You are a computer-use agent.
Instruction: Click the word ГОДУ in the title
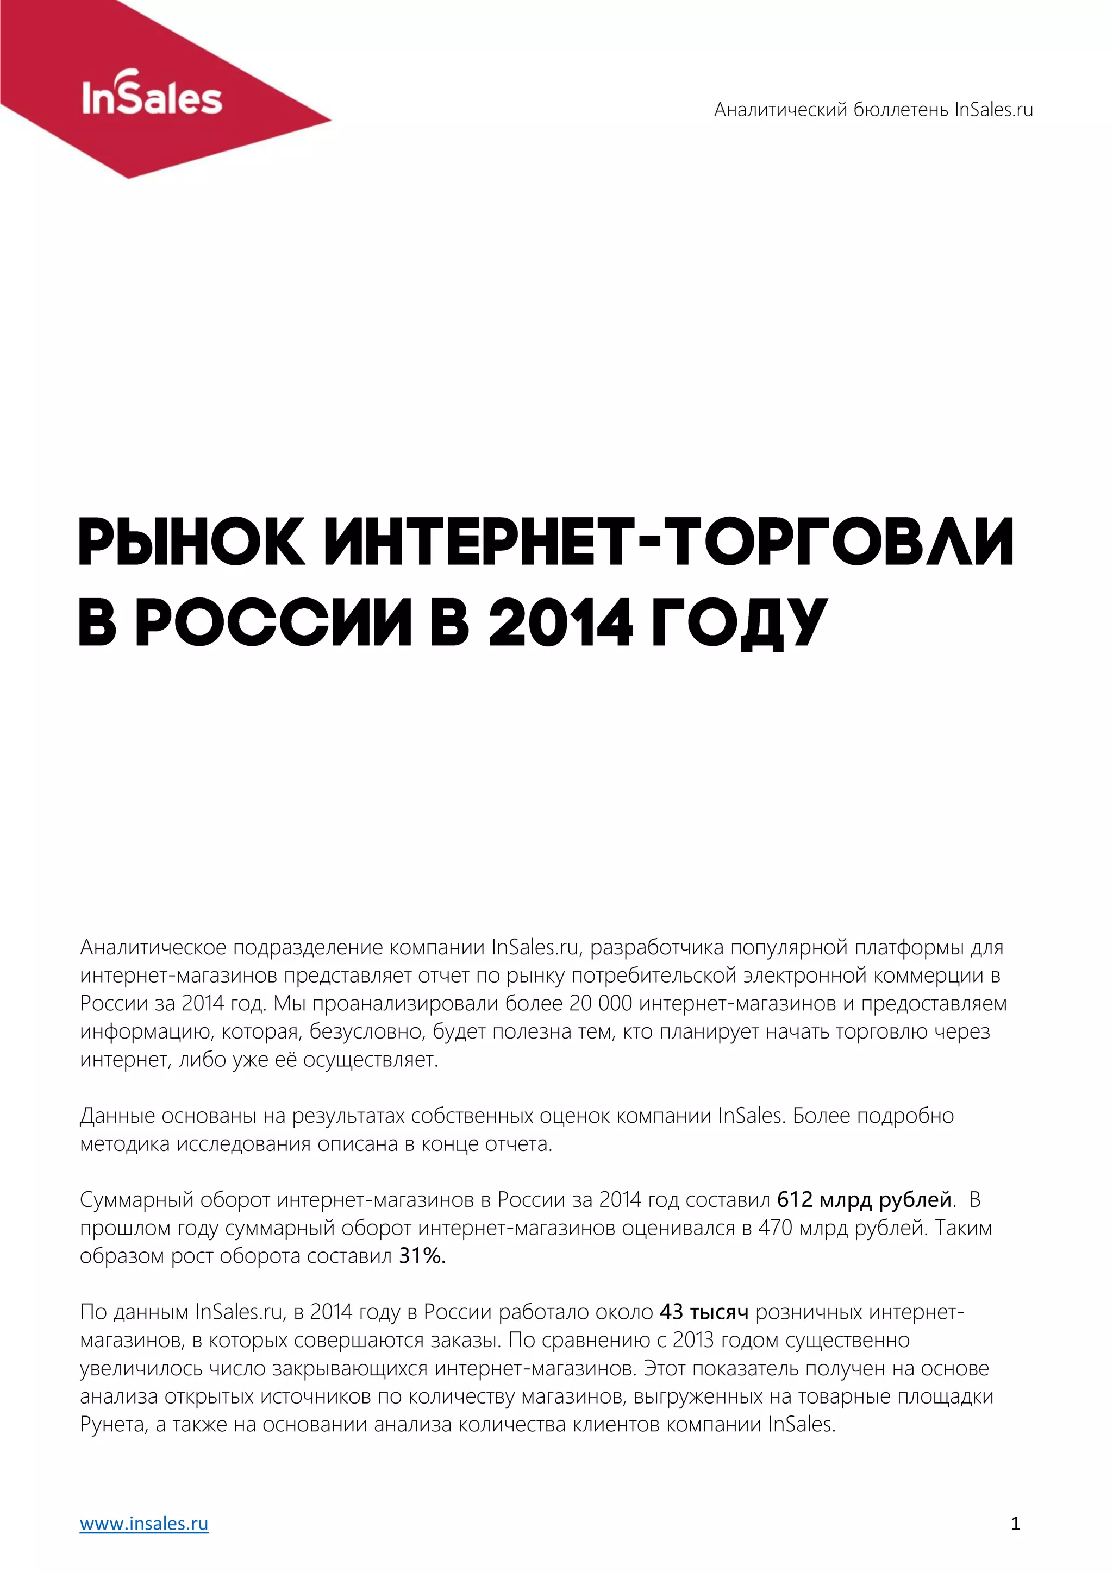pos(739,622)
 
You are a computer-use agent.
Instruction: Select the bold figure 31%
pos(422,1256)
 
